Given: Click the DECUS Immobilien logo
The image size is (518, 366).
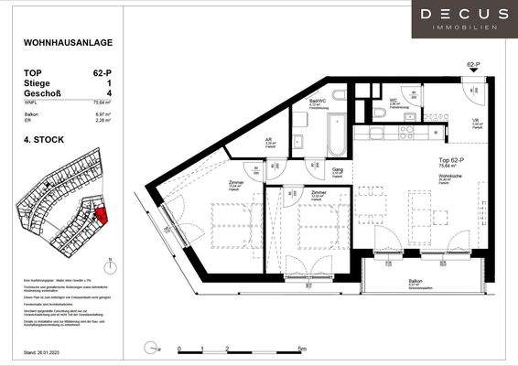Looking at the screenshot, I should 464,18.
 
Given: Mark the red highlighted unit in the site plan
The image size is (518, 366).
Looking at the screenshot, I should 101,215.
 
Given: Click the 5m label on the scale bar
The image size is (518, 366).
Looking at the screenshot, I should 303,349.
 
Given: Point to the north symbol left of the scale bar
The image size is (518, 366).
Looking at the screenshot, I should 150,347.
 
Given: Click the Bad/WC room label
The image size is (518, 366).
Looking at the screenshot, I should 316,102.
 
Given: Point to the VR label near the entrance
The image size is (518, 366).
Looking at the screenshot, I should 477,120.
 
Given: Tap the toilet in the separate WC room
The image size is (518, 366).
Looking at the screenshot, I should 379,113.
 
